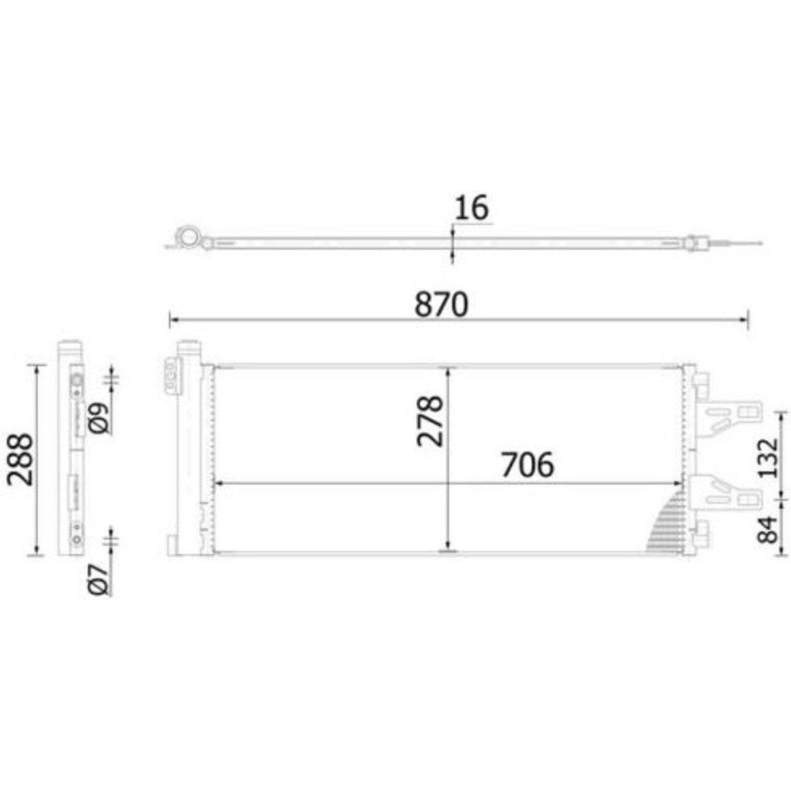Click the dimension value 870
pyautogui.click(x=441, y=304)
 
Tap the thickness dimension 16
pyautogui.click(x=472, y=207)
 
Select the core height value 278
pyautogui.click(x=430, y=421)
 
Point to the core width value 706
pyautogui.click(x=527, y=464)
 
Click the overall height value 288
pyautogui.click(x=20, y=459)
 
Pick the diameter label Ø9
pyautogui.click(x=99, y=418)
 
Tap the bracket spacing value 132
pyautogui.click(x=768, y=457)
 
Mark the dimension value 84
pyautogui.click(x=768, y=529)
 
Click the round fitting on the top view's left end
pyautogui.click(x=189, y=236)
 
